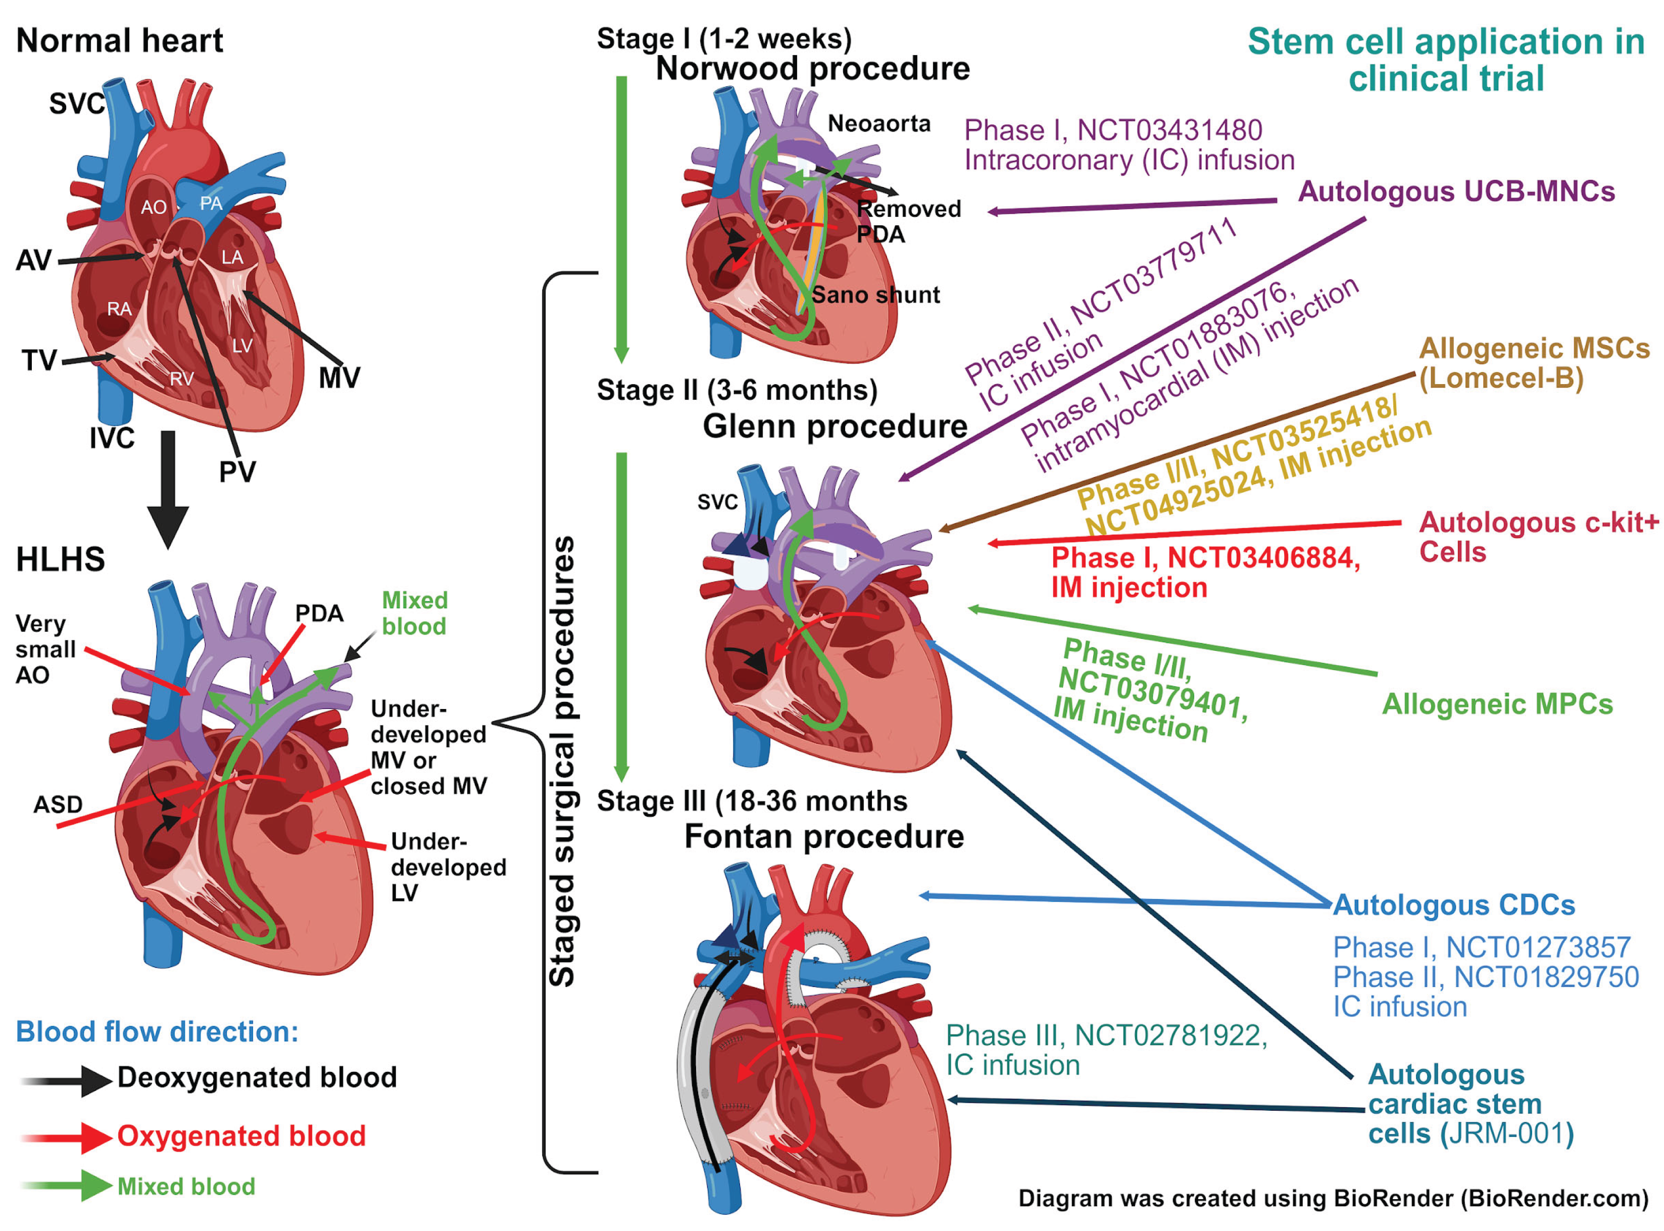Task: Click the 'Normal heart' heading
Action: [x=119, y=40]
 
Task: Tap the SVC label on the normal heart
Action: [x=77, y=104]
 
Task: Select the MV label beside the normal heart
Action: [x=339, y=378]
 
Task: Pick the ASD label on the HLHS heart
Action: [x=58, y=805]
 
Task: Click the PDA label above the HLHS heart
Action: [x=319, y=613]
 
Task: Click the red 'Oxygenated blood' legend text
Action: [x=241, y=1137]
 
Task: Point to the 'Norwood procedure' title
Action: [x=813, y=69]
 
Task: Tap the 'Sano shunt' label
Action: [x=875, y=295]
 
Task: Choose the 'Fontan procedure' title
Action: [x=824, y=837]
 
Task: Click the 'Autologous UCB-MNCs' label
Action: [x=1456, y=192]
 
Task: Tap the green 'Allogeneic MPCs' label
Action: [x=1497, y=704]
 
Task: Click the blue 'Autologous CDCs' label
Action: [x=1454, y=906]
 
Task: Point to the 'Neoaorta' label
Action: [x=879, y=124]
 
